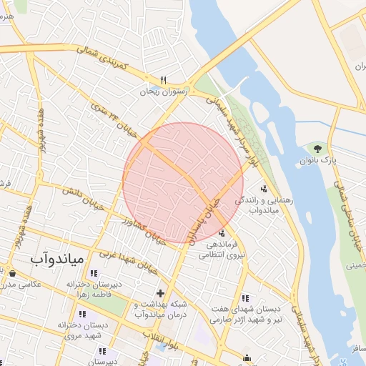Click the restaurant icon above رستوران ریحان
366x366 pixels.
164,80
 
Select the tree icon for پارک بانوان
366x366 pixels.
317,148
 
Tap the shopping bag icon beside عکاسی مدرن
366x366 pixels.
12,272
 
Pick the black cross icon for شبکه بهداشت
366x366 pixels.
161,292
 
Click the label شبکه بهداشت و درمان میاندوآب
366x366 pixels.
160,309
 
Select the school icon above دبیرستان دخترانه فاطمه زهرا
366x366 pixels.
94,272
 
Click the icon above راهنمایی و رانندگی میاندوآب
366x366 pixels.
264,189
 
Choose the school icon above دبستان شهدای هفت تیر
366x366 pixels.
245,297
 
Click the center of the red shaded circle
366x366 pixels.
182,182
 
